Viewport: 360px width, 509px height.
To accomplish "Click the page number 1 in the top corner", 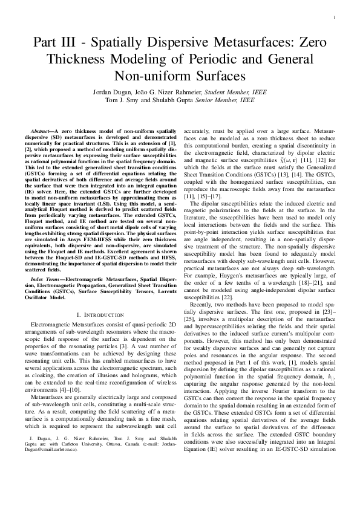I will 333,19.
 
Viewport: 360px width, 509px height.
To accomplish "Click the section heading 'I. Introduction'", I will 101,314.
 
